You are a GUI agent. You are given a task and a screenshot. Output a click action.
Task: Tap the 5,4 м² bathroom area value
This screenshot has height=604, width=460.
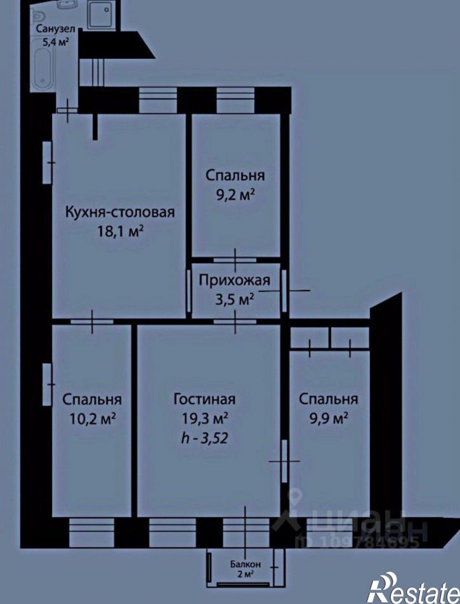tap(56, 41)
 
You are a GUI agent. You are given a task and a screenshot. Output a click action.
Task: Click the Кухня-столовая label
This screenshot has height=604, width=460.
tap(120, 213)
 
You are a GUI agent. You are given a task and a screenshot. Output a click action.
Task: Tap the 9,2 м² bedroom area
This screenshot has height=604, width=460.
tap(234, 195)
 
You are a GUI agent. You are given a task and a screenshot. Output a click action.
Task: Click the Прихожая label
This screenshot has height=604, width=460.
tap(235, 280)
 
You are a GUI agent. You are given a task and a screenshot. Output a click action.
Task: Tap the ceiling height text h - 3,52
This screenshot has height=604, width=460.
tap(204, 438)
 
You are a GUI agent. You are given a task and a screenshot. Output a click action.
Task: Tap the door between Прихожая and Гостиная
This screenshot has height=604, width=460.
tap(235, 322)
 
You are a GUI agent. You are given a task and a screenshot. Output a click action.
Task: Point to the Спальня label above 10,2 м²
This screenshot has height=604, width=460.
tap(92, 400)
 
